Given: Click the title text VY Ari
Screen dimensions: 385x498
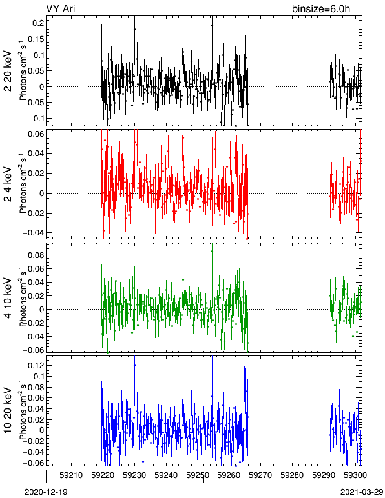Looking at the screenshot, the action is pyautogui.click(x=61, y=8).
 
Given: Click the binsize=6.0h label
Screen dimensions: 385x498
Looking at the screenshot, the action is pyautogui.click(x=321, y=8).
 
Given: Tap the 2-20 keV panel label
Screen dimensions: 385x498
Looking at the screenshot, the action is pyautogui.click(x=8, y=71).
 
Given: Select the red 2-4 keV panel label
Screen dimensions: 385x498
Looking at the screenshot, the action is pyautogui.click(x=8, y=184).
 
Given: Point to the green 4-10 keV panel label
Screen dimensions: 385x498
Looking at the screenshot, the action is pyautogui.click(x=8, y=298).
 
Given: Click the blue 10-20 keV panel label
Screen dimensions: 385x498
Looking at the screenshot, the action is pyautogui.click(x=8, y=410).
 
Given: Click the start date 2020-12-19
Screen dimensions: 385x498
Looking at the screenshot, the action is pyautogui.click(x=46, y=492).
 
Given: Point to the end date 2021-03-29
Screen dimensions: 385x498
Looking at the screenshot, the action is pyautogui.click(x=362, y=492).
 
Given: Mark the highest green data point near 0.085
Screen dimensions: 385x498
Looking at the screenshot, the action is pyautogui.click(x=212, y=251).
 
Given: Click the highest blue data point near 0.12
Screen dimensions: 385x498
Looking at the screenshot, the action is pyautogui.click(x=135, y=366).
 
